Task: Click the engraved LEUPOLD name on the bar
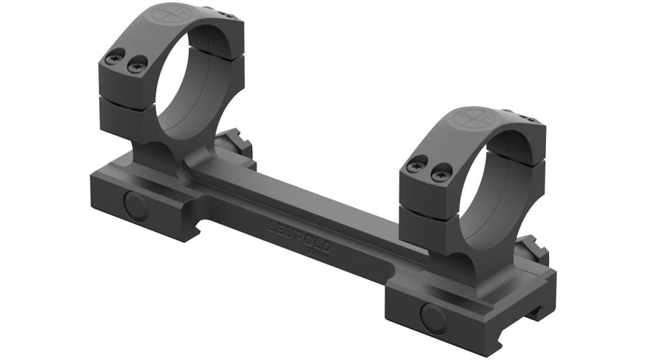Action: point(299,234)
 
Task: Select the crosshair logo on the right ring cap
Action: point(471,118)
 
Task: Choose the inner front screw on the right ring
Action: point(441,171)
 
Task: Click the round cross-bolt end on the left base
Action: point(136,205)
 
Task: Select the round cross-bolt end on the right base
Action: point(433,318)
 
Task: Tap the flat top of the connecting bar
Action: point(311,186)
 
